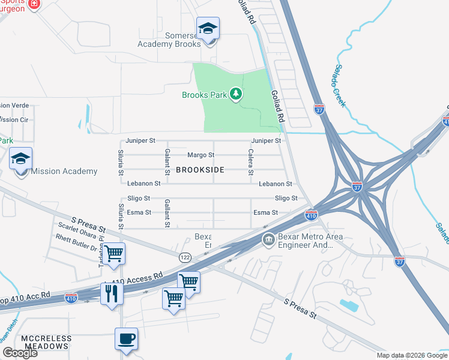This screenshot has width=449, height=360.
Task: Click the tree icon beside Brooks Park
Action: click(237, 94)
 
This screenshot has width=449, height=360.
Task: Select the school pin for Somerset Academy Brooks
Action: click(208, 29)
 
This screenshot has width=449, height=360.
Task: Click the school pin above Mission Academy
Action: click(20, 160)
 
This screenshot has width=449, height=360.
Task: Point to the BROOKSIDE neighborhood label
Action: click(200, 170)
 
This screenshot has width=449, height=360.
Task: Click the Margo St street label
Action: click(201, 155)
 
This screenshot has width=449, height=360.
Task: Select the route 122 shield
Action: click(185, 257)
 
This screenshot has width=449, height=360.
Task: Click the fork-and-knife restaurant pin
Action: click(112, 293)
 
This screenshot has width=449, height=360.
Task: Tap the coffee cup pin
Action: click(126, 339)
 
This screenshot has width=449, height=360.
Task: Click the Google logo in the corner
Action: click(20, 353)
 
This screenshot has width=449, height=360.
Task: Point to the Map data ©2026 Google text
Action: click(411, 355)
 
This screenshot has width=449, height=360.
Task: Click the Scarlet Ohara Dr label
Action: click(77, 231)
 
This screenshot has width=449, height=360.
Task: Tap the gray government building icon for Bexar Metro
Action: click(268, 240)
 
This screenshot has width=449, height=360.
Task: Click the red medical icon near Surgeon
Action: click(34, 4)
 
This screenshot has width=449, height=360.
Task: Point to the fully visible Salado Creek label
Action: click(340, 85)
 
